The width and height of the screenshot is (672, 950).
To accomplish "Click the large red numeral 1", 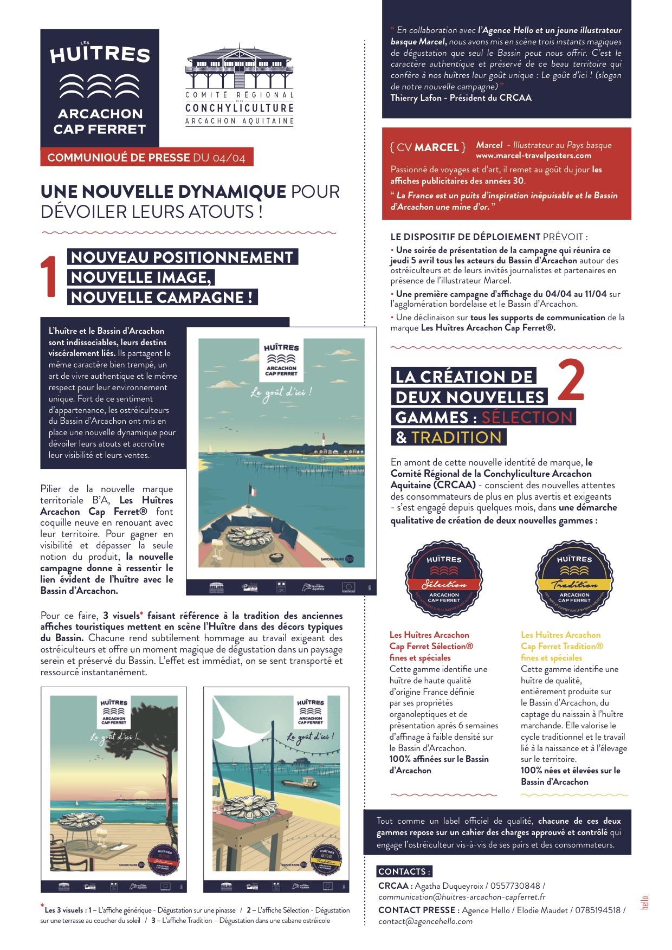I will click(x=49, y=277).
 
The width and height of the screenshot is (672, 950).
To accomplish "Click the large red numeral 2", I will click(x=571, y=379).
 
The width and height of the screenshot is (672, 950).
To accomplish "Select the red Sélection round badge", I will click(x=444, y=578).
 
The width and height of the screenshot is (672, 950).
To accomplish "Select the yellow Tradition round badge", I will click(x=574, y=578).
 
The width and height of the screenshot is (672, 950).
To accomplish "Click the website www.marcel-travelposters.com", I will click(x=533, y=156).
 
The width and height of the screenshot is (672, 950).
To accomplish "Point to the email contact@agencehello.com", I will click(x=425, y=921).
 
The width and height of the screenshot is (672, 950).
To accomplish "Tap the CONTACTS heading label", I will click(x=404, y=871).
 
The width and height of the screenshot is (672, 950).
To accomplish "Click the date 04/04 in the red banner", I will click(x=229, y=158).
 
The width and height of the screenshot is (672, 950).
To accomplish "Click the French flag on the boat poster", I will click(x=252, y=490).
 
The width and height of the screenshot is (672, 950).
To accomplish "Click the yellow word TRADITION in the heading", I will click(x=456, y=437).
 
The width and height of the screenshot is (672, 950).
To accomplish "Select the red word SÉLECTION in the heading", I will click(x=527, y=417).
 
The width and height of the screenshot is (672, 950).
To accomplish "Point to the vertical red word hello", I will click(x=645, y=902).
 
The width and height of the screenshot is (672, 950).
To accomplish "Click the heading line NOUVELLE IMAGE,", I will click(x=141, y=277).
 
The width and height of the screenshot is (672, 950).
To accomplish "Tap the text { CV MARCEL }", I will click(x=428, y=147).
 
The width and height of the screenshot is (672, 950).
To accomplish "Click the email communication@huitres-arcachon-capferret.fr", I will click(x=462, y=897).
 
